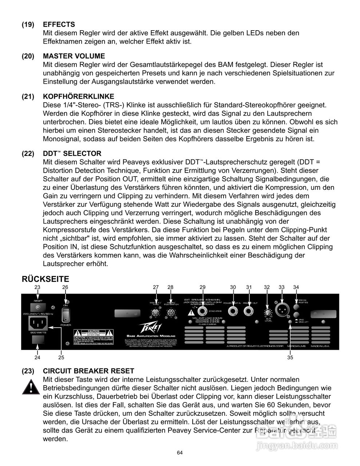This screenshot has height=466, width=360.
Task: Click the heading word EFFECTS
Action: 59,24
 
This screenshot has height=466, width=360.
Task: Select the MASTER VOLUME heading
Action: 74,56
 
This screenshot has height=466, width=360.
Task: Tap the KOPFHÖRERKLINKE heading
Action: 78,96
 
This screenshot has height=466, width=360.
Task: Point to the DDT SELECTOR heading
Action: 72,154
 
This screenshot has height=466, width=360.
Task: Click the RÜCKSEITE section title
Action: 46,279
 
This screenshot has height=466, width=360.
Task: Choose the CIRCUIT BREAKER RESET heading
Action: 88,371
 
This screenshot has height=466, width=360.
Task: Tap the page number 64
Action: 180,453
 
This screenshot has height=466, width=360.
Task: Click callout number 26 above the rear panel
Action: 65,287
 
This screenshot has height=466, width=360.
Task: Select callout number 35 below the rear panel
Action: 290,357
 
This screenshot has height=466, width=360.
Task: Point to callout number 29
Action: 202,287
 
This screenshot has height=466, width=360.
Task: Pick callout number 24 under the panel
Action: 37,357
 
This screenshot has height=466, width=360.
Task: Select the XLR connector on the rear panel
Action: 282,311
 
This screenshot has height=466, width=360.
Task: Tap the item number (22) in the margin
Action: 28,154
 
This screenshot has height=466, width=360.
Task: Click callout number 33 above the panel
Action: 281,287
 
